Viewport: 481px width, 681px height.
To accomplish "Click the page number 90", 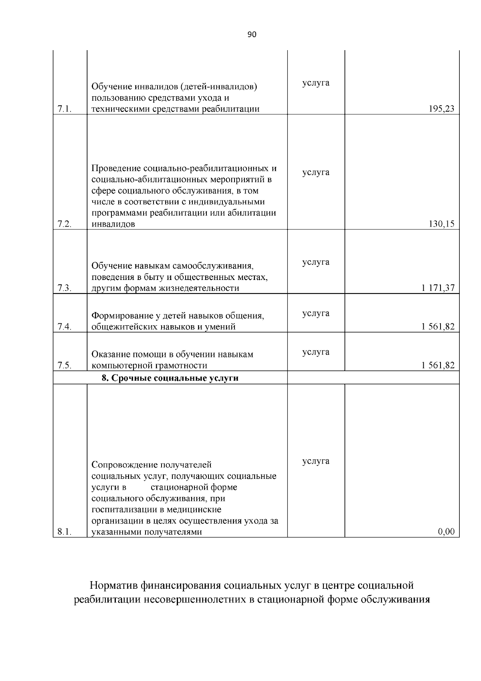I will click(x=252, y=34).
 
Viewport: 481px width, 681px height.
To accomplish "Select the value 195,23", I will click(x=442, y=109).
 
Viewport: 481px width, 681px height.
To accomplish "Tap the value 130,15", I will click(x=442, y=224).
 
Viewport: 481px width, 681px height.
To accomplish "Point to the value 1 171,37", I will click(x=438, y=288).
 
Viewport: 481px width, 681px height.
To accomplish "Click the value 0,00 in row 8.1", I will click(x=447, y=532).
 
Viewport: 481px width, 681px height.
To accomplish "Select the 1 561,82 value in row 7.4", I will click(x=438, y=327).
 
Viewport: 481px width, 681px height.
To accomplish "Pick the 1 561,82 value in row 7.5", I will click(x=438, y=365).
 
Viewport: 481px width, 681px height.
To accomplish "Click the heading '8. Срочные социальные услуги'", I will click(x=170, y=378).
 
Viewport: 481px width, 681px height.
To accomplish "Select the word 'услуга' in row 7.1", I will click(x=316, y=83).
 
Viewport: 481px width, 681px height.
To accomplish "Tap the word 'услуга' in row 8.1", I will click(x=316, y=461).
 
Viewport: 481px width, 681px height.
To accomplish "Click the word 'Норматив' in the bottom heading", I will click(x=114, y=586).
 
